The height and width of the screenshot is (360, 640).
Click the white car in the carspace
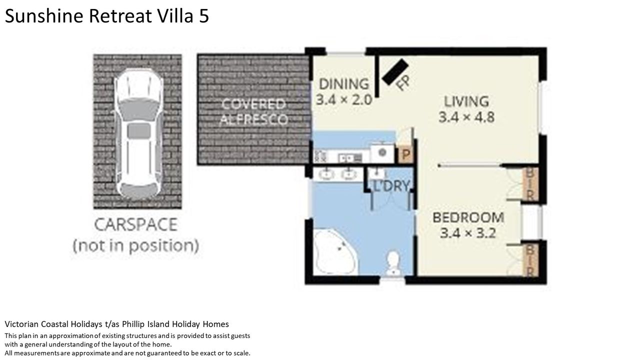click(x=138, y=133)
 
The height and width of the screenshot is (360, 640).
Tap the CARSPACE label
click(x=136, y=225)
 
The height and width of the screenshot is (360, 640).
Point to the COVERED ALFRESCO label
click(x=253, y=111)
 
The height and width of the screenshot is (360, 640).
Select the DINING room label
click(x=344, y=84)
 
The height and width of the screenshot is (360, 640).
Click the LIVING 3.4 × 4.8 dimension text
click(x=466, y=117)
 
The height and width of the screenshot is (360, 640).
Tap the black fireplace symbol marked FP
click(x=395, y=72)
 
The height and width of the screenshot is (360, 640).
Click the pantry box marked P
click(x=405, y=155)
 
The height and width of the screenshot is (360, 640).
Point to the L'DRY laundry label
click(x=391, y=186)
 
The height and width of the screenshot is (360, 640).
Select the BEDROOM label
click(x=468, y=217)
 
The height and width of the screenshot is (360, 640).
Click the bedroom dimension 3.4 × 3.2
click(x=468, y=233)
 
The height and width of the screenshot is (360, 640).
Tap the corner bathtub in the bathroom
click(x=335, y=252)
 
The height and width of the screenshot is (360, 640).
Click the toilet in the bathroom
click(x=393, y=263)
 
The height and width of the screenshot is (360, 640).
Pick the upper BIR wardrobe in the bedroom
click(x=530, y=184)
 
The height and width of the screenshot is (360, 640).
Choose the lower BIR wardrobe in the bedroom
click(x=530, y=260)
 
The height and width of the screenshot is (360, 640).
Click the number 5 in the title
click(x=204, y=16)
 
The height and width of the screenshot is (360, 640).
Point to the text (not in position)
click(x=136, y=245)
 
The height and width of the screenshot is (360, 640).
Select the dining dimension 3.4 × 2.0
click(x=344, y=100)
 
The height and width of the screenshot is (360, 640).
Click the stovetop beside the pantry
click(x=382, y=152)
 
